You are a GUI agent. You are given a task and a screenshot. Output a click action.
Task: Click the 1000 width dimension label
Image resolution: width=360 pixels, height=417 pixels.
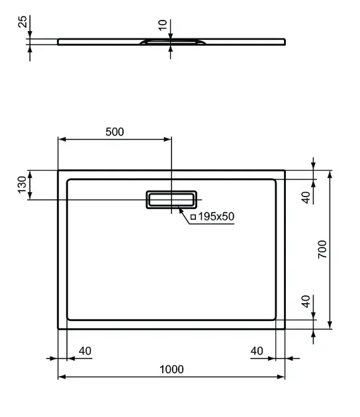pyautogui.click(x=171, y=369)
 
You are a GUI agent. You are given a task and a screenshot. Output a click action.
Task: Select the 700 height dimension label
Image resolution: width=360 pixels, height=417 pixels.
pyautogui.click(x=322, y=249)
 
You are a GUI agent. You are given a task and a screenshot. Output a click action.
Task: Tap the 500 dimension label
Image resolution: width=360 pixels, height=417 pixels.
pyautogui.click(x=114, y=132)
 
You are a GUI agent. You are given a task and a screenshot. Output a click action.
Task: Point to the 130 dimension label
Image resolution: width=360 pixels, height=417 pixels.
pyautogui.click(x=22, y=185)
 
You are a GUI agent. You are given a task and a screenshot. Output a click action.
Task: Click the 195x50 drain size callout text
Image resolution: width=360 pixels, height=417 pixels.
pyautogui.click(x=216, y=216)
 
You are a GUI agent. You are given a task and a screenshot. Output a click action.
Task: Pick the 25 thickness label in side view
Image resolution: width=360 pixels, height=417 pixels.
pyautogui.click(x=23, y=21)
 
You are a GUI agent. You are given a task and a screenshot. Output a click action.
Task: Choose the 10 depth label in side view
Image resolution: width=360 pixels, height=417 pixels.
pyautogui.click(x=162, y=25)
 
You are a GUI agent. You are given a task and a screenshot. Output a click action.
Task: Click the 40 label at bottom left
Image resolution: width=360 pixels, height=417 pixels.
pyautogui.click(x=85, y=351)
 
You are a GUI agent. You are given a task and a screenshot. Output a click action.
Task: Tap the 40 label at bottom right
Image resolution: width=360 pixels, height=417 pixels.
pyautogui.click(x=257, y=351)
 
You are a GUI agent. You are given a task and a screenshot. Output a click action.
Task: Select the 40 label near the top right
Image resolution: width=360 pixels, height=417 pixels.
pyautogui.click(x=306, y=197)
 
